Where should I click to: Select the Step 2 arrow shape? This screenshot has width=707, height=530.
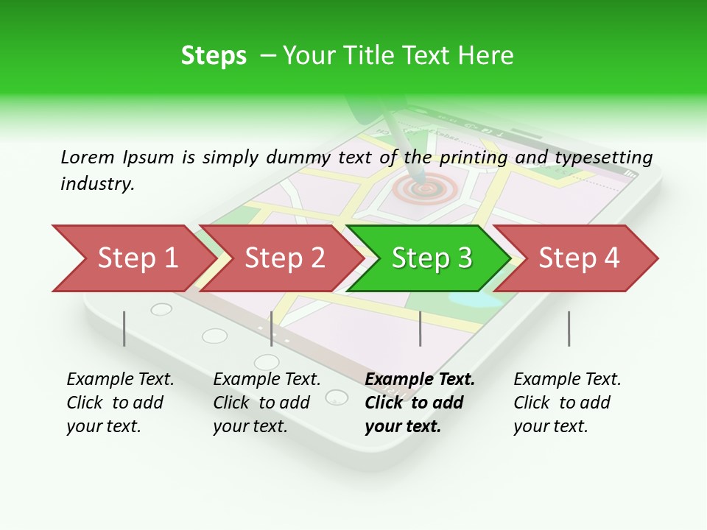coord(284,258)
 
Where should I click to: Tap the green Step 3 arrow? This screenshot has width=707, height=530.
coord(431,258)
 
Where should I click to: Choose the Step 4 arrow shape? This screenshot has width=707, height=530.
coord(579,258)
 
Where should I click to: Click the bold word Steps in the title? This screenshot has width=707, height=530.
coord(214,56)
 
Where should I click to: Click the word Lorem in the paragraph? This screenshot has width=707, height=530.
coord(87,157)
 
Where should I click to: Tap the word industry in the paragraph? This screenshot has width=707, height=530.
coord(96,183)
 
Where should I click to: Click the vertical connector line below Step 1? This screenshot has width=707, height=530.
coord(124,328)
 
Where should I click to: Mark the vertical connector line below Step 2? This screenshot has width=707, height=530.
coord(272,328)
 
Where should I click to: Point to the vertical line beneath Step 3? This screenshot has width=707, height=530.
coord(421,328)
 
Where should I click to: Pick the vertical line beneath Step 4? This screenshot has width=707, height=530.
coord(569,328)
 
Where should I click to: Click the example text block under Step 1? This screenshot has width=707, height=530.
coord(120,403)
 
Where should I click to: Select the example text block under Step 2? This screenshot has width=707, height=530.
coord(267,403)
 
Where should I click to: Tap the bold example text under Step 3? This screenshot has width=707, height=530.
coord(420,403)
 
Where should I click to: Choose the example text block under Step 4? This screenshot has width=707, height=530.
coord(567,403)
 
